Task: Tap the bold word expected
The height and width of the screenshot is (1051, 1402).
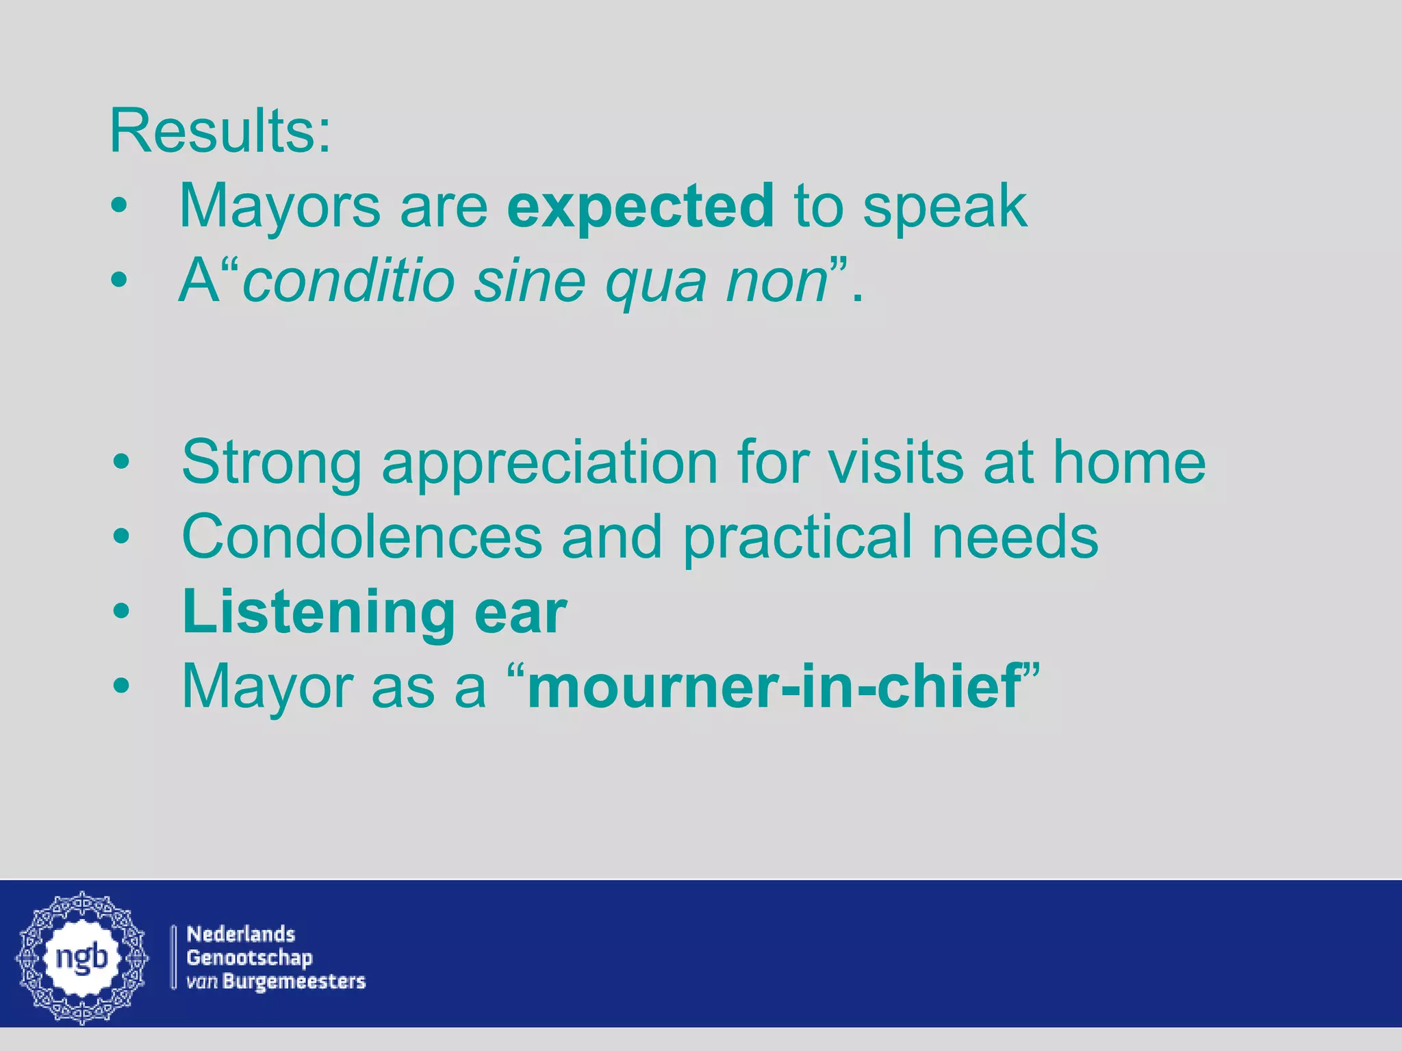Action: click(640, 206)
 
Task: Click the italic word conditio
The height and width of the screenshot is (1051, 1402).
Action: click(349, 281)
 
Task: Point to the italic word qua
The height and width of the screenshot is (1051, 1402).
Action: click(656, 284)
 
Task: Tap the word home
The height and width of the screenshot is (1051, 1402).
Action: click(1129, 463)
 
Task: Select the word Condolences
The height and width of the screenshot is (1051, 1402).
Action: click(362, 537)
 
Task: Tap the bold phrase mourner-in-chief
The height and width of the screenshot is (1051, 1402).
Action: click(774, 686)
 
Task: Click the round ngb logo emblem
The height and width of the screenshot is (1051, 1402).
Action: click(82, 957)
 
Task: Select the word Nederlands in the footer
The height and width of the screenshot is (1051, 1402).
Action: click(241, 934)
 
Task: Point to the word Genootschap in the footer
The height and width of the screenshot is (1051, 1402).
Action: click(249, 958)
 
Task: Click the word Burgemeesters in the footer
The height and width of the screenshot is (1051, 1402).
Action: click(294, 981)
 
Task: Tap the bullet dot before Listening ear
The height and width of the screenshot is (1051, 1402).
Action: click(121, 611)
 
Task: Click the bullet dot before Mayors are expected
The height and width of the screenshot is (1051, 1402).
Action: click(119, 206)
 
